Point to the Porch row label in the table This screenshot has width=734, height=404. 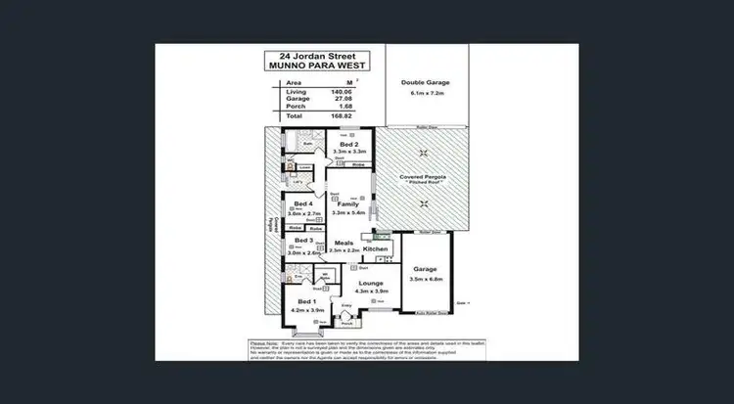point(282,107)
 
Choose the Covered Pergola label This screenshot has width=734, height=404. point(423,177)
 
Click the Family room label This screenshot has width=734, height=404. point(347,203)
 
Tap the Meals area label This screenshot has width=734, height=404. point(344,243)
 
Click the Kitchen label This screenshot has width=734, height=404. point(376,249)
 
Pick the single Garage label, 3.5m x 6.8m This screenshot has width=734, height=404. point(424,268)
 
